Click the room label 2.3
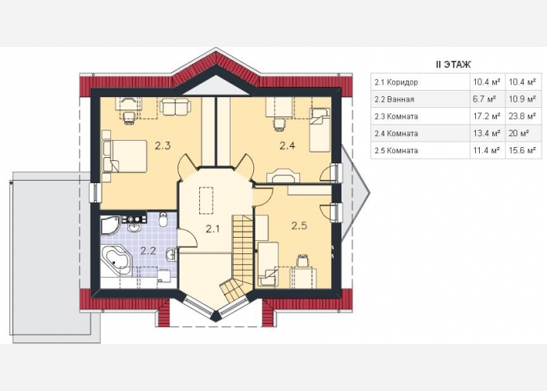coord(163,145)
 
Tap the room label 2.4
coord(288,145)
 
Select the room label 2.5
coord(299,226)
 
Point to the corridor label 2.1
coord(213,229)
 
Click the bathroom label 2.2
coord(148,251)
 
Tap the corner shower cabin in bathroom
coord(110,226)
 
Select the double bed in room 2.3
coord(124,156)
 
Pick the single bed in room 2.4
coord(320,130)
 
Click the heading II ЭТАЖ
coord(453,65)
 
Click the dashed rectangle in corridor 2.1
coord(206,201)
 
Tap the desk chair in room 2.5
coord(303,260)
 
